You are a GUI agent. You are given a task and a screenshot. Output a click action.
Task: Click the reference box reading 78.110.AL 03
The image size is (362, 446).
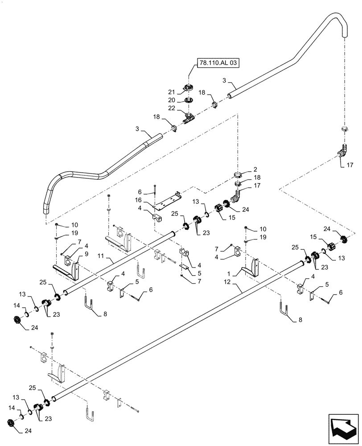point(216,64)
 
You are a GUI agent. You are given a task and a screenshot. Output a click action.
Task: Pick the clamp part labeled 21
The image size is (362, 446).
point(189,88)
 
